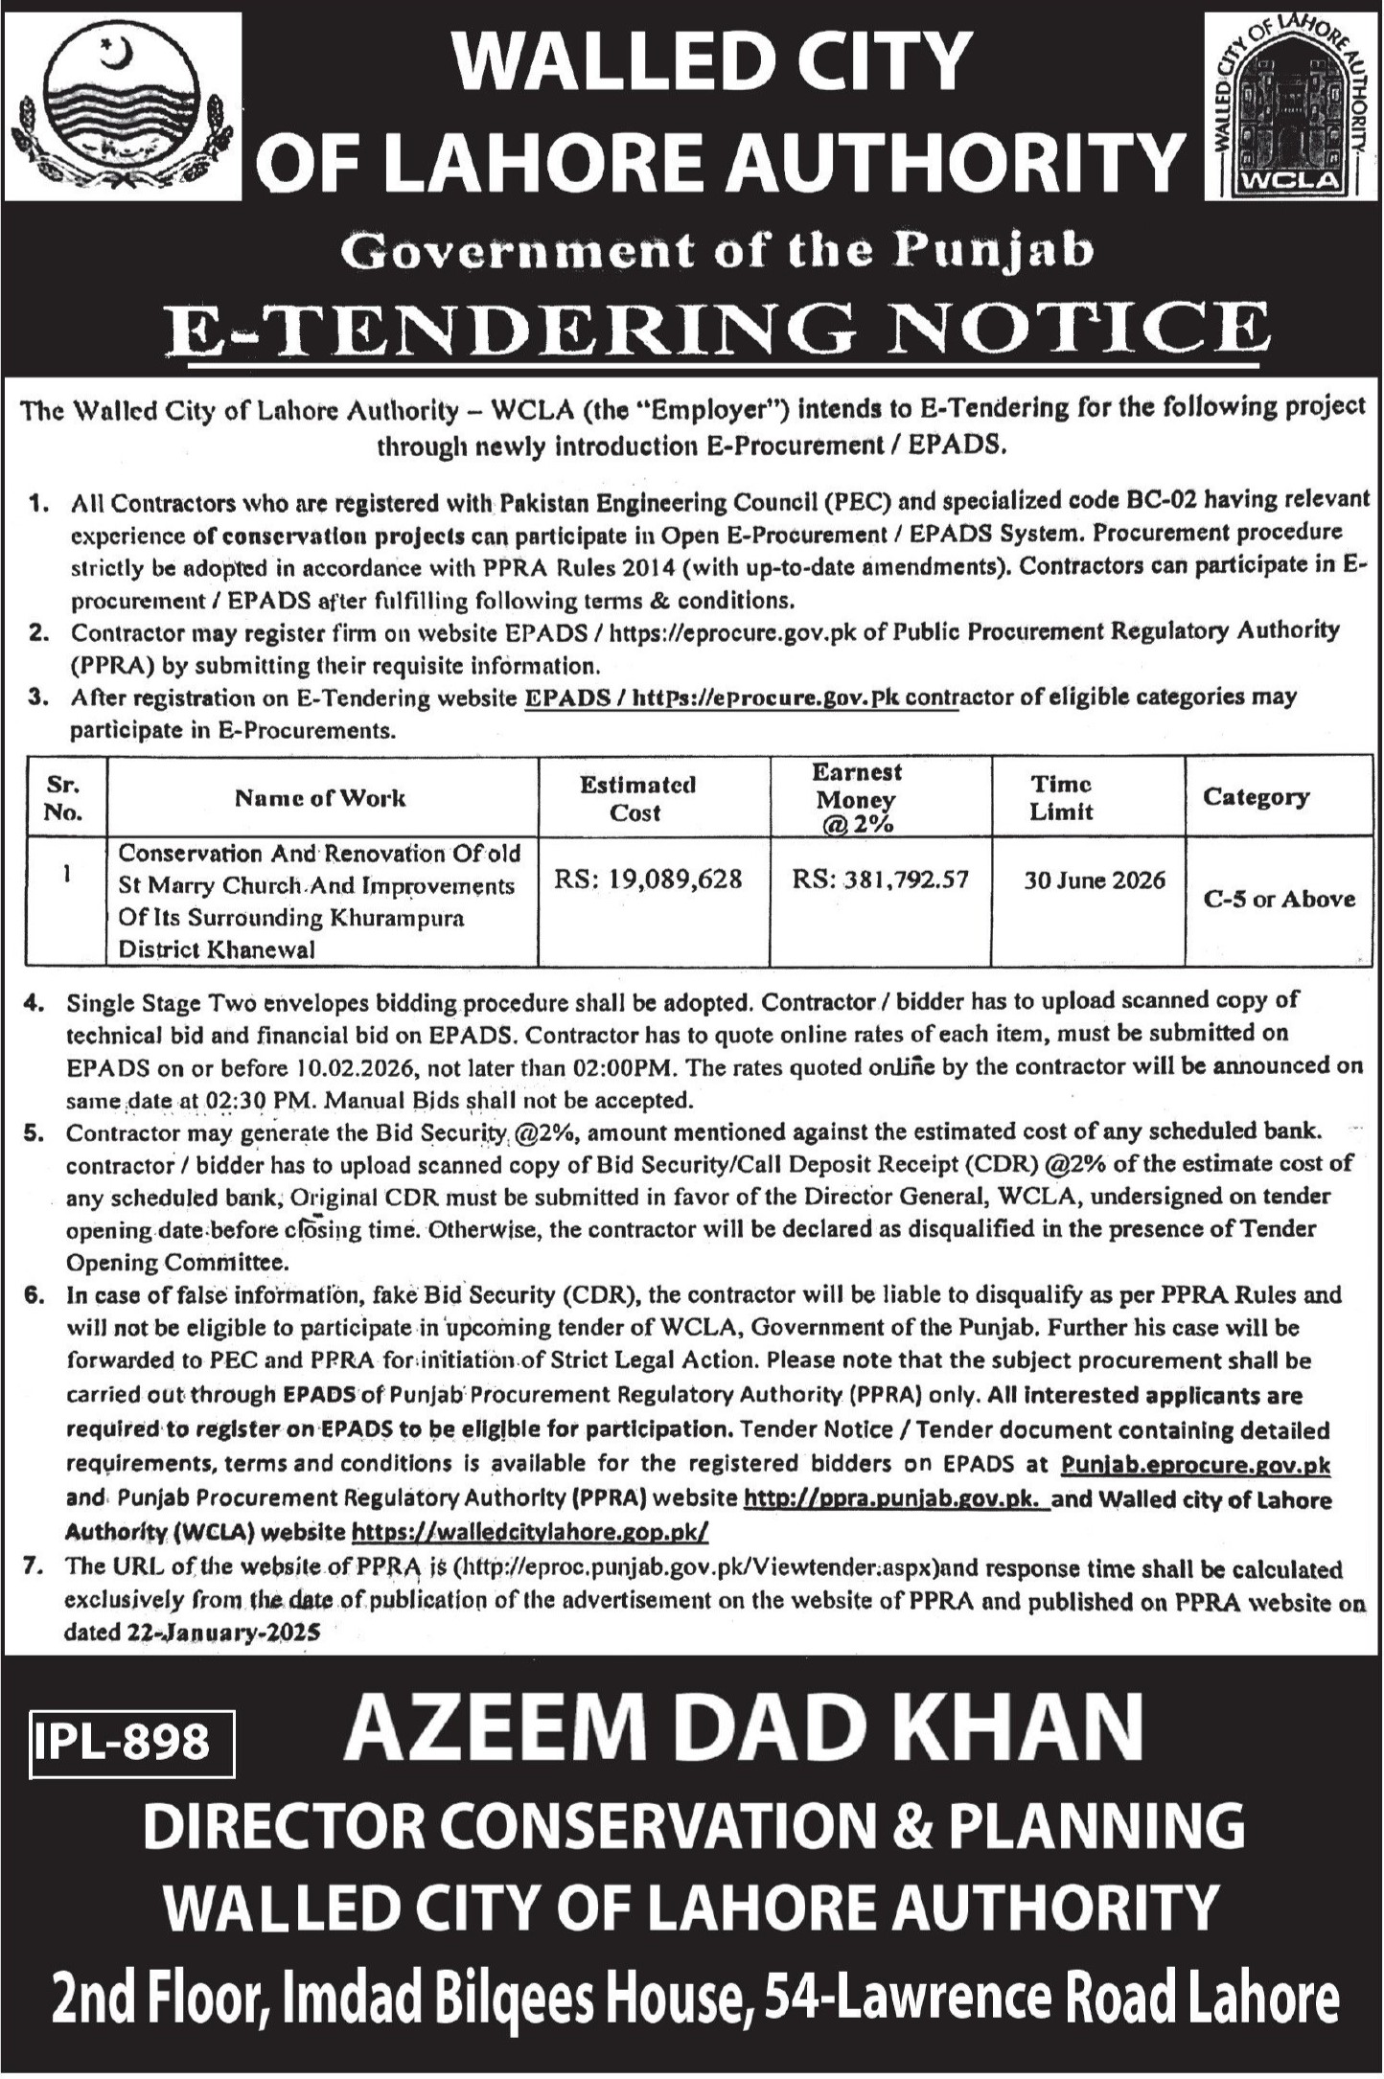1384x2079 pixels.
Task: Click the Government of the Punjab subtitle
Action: [x=718, y=250]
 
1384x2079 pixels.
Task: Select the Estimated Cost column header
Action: [x=637, y=798]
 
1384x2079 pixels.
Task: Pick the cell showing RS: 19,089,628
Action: [x=649, y=879]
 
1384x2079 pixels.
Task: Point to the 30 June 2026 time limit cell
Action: [x=1094, y=880]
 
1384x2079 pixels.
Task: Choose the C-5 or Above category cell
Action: [x=1280, y=899]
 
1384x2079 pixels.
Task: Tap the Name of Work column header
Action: [x=321, y=798]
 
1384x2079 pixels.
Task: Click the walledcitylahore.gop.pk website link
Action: [x=530, y=1532]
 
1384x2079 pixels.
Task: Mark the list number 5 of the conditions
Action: [x=35, y=1132]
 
